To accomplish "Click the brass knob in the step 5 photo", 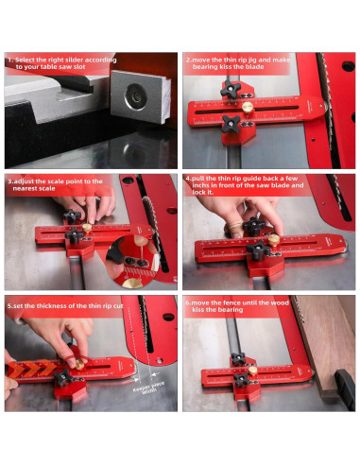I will click(79, 358).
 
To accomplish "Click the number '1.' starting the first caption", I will click(9, 60).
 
